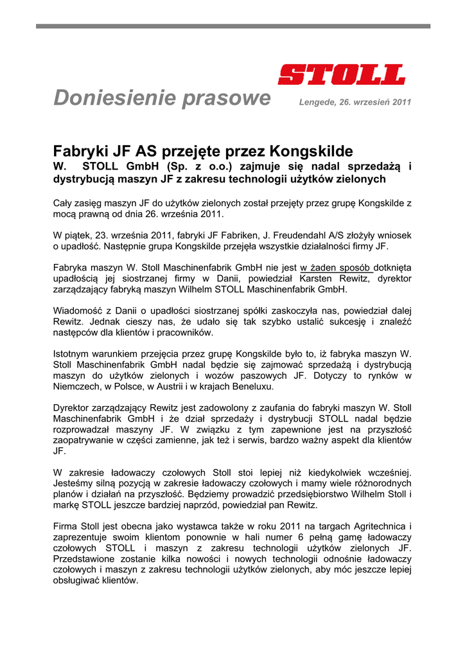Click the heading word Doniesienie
pos(114,98)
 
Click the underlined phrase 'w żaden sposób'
pos(335,267)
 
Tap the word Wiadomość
pos(80,310)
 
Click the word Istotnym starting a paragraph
pos(73,353)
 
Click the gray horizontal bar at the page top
pos(232,26)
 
